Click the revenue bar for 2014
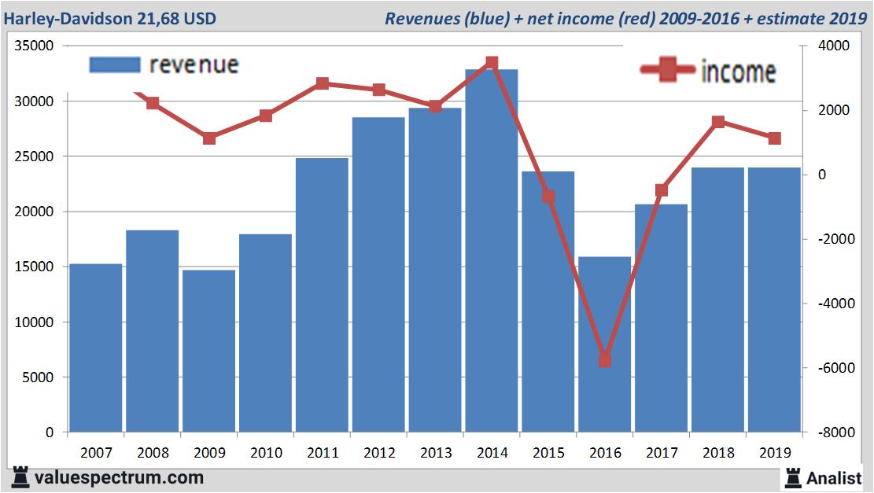(x=491, y=252)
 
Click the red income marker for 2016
(x=604, y=360)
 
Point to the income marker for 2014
(x=492, y=62)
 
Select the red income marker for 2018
(x=717, y=122)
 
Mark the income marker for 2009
(x=209, y=138)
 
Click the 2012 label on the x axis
(x=378, y=453)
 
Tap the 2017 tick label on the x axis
(x=661, y=453)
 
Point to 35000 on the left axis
(x=34, y=46)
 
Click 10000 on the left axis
(x=34, y=322)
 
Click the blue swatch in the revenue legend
(x=114, y=64)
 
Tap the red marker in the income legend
(x=669, y=71)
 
